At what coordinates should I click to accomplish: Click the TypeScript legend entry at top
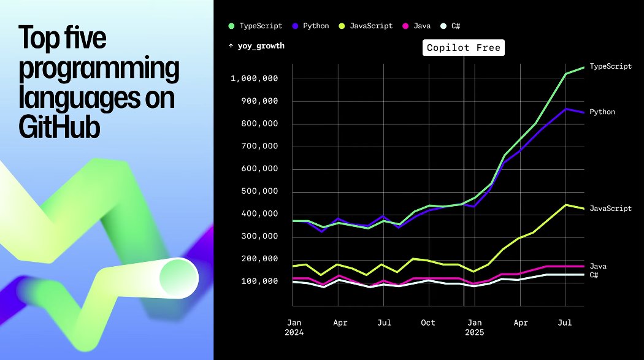click(x=256, y=26)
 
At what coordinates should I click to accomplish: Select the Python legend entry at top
click(x=311, y=26)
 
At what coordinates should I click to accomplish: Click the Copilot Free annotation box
click(x=464, y=48)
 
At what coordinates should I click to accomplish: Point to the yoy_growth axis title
click(x=256, y=46)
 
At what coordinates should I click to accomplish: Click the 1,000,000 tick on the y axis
click(x=255, y=79)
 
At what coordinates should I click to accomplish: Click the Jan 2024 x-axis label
click(x=295, y=327)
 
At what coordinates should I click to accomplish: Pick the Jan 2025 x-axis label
click(x=474, y=327)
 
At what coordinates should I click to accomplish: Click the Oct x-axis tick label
click(x=428, y=323)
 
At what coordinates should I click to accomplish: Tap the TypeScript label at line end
click(x=610, y=66)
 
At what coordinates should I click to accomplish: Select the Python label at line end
click(x=602, y=112)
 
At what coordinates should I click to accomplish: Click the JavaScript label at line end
click(x=610, y=209)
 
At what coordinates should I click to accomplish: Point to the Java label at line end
click(x=598, y=266)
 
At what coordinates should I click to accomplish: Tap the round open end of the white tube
click(x=178, y=278)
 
